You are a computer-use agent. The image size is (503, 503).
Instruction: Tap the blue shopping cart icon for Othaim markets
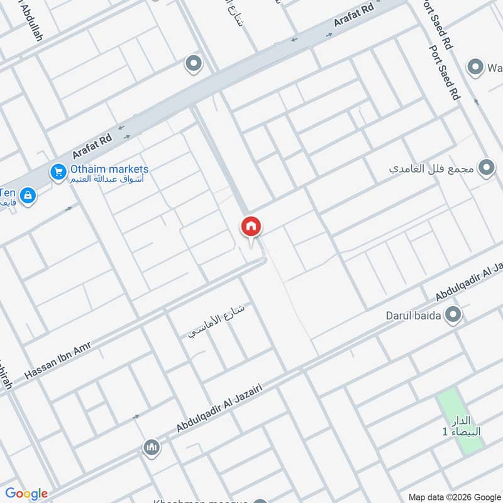click(x=58, y=171)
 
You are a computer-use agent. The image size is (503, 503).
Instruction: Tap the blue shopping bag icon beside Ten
click(x=28, y=196)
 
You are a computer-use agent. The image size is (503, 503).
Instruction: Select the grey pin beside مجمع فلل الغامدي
click(x=485, y=168)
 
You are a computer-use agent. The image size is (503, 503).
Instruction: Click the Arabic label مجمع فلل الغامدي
click(x=432, y=169)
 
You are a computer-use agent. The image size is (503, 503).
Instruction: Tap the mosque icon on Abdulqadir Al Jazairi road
click(x=151, y=448)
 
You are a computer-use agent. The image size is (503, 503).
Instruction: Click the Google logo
click(x=26, y=494)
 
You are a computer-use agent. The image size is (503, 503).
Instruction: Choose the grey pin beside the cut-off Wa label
click(x=476, y=67)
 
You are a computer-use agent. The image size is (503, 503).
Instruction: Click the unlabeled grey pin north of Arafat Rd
click(x=193, y=64)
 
